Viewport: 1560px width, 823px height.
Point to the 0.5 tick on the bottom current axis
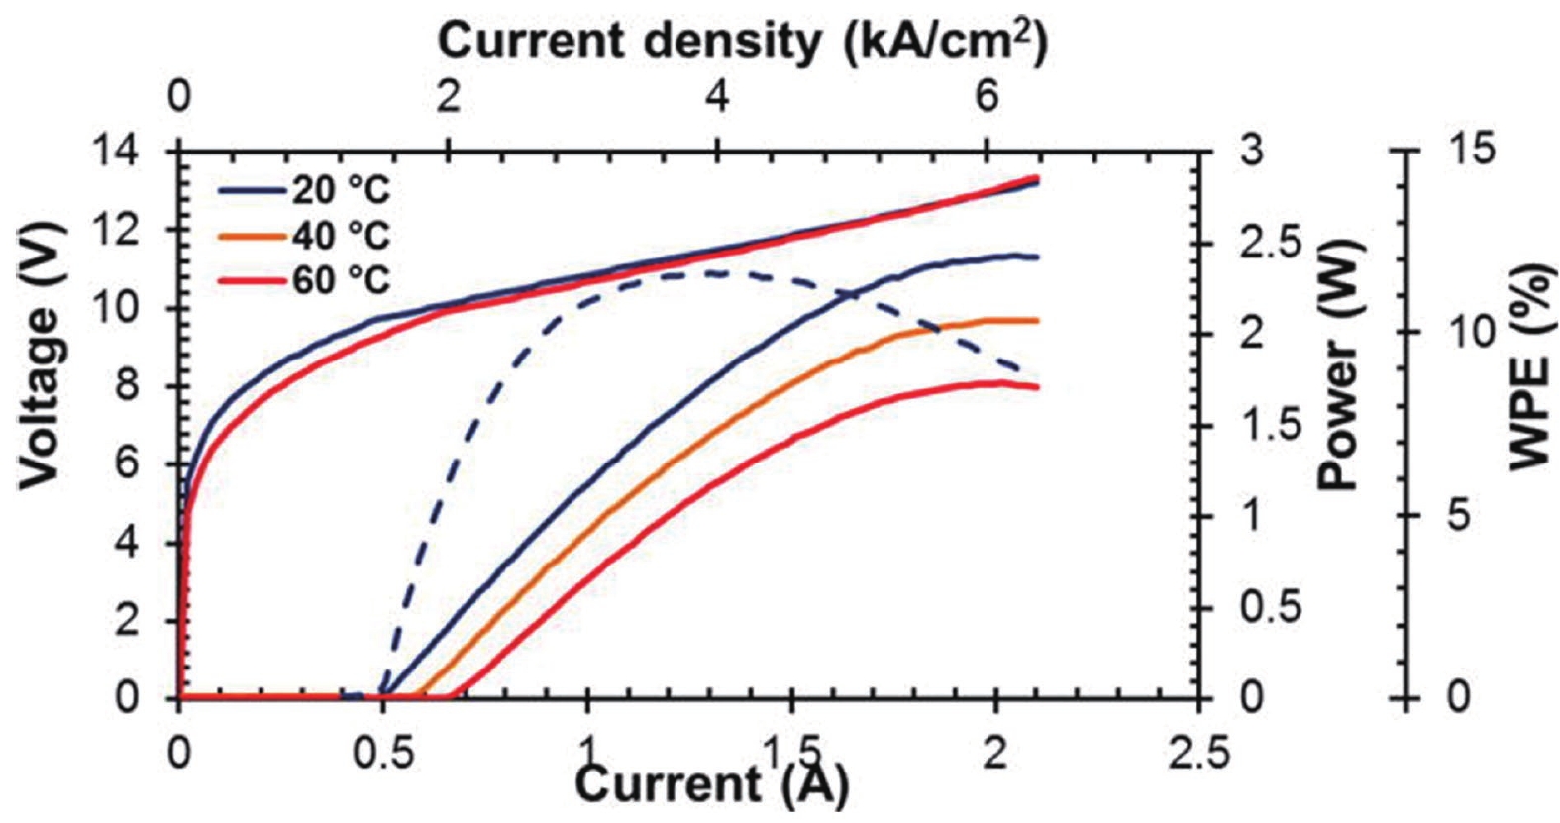pos(382,750)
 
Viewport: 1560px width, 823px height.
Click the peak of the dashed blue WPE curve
pos(713,272)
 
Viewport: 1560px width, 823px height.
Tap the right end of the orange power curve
pos(1037,320)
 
